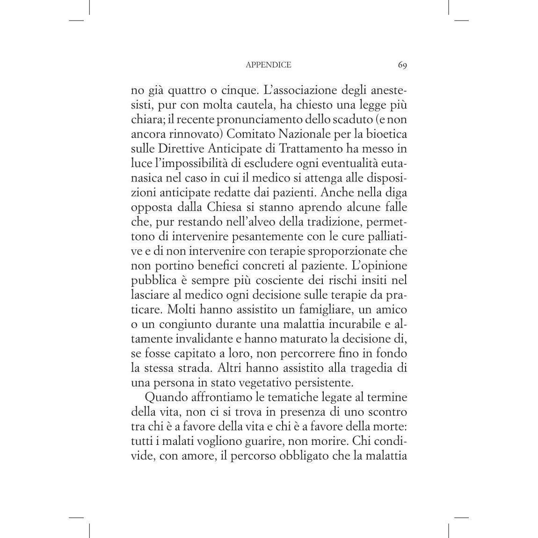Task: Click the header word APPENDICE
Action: click(x=268, y=65)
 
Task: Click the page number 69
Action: click(x=402, y=65)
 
